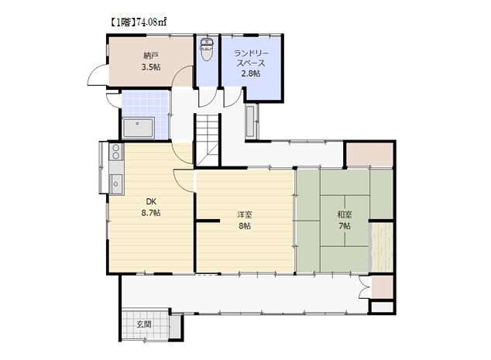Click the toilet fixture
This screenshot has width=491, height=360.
(206, 49)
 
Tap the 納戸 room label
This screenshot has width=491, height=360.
(151, 56)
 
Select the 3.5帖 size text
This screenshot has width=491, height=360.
(151, 67)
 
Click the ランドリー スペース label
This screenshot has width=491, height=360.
(251, 58)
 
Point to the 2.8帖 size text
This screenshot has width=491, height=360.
(251, 74)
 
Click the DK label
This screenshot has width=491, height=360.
(151, 201)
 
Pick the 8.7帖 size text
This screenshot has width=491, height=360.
(151, 213)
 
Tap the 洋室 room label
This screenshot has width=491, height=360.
(245, 214)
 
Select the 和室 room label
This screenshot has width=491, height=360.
(345, 214)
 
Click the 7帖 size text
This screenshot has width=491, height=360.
(345, 226)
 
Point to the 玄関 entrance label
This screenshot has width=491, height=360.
(144, 324)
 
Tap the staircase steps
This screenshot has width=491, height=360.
(208, 139)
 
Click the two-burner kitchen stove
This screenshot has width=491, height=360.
(116, 152)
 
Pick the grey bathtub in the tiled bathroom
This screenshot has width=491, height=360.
(138, 128)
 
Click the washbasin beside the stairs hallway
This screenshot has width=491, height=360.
(250, 122)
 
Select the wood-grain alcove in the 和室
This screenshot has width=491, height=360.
(381, 247)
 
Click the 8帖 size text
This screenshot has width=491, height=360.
(245, 226)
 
